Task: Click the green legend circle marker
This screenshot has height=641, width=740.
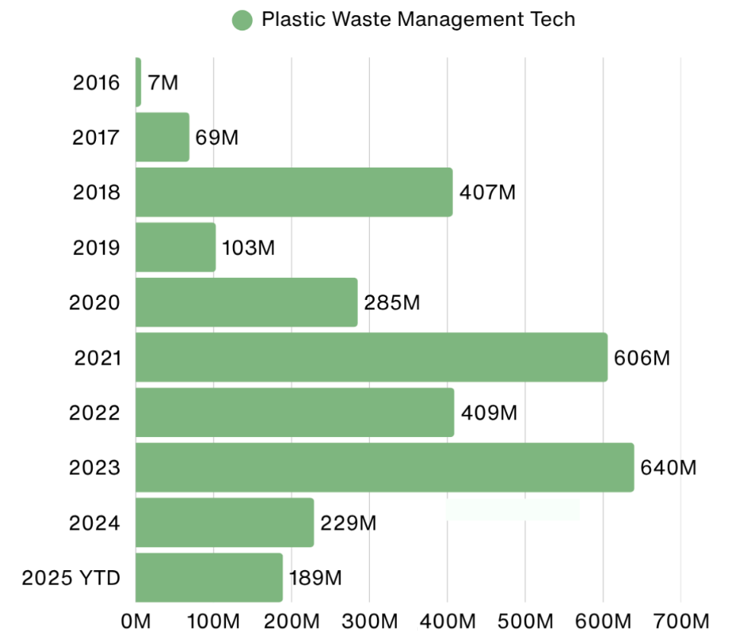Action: tap(242, 21)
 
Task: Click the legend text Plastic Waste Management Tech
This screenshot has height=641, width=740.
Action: tap(418, 20)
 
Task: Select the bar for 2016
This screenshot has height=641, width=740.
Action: tap(139, 82)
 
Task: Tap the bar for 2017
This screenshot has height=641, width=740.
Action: tap(162, 137)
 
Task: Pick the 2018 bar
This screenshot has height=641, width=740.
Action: tap(294, 192)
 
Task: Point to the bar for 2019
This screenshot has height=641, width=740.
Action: tap(176, 247)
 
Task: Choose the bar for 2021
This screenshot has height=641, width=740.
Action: tap(372, 357)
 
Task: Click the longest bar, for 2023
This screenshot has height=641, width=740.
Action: tap(384, 467)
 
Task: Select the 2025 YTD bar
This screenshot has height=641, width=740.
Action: tap(209, 577)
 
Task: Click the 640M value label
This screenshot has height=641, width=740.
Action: tap(668, 467)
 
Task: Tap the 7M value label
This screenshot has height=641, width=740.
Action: tap(163, 82)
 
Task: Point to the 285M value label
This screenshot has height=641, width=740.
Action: tap(392, 303)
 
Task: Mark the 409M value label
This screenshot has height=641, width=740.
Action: tap(489, 413)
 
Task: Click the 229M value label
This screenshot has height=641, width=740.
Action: tap(349, 523)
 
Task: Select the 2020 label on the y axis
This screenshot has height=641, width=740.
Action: tap(94, 303)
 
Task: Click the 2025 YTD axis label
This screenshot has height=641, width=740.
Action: tap(72, 578)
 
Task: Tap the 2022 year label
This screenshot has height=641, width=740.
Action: tap(94, 413)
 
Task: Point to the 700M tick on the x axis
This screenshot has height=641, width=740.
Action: tap(681, 620)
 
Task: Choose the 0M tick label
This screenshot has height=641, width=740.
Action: tap(136, 620)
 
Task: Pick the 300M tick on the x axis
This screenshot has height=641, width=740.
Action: tap(369, 620)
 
